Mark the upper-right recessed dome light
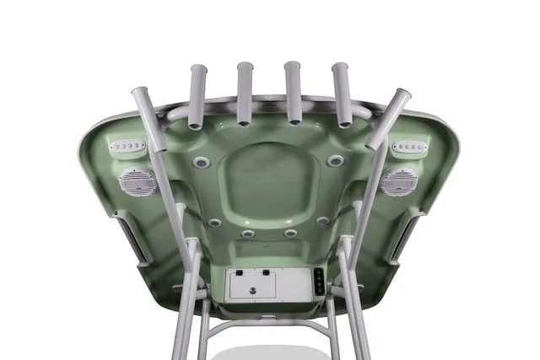click(x=335, y=160)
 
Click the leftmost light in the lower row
click(x=216, y=223)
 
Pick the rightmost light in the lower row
click(x=322, y=222)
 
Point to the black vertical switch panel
click(x=319, y=282)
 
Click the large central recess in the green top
click(x=268, y=181)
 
